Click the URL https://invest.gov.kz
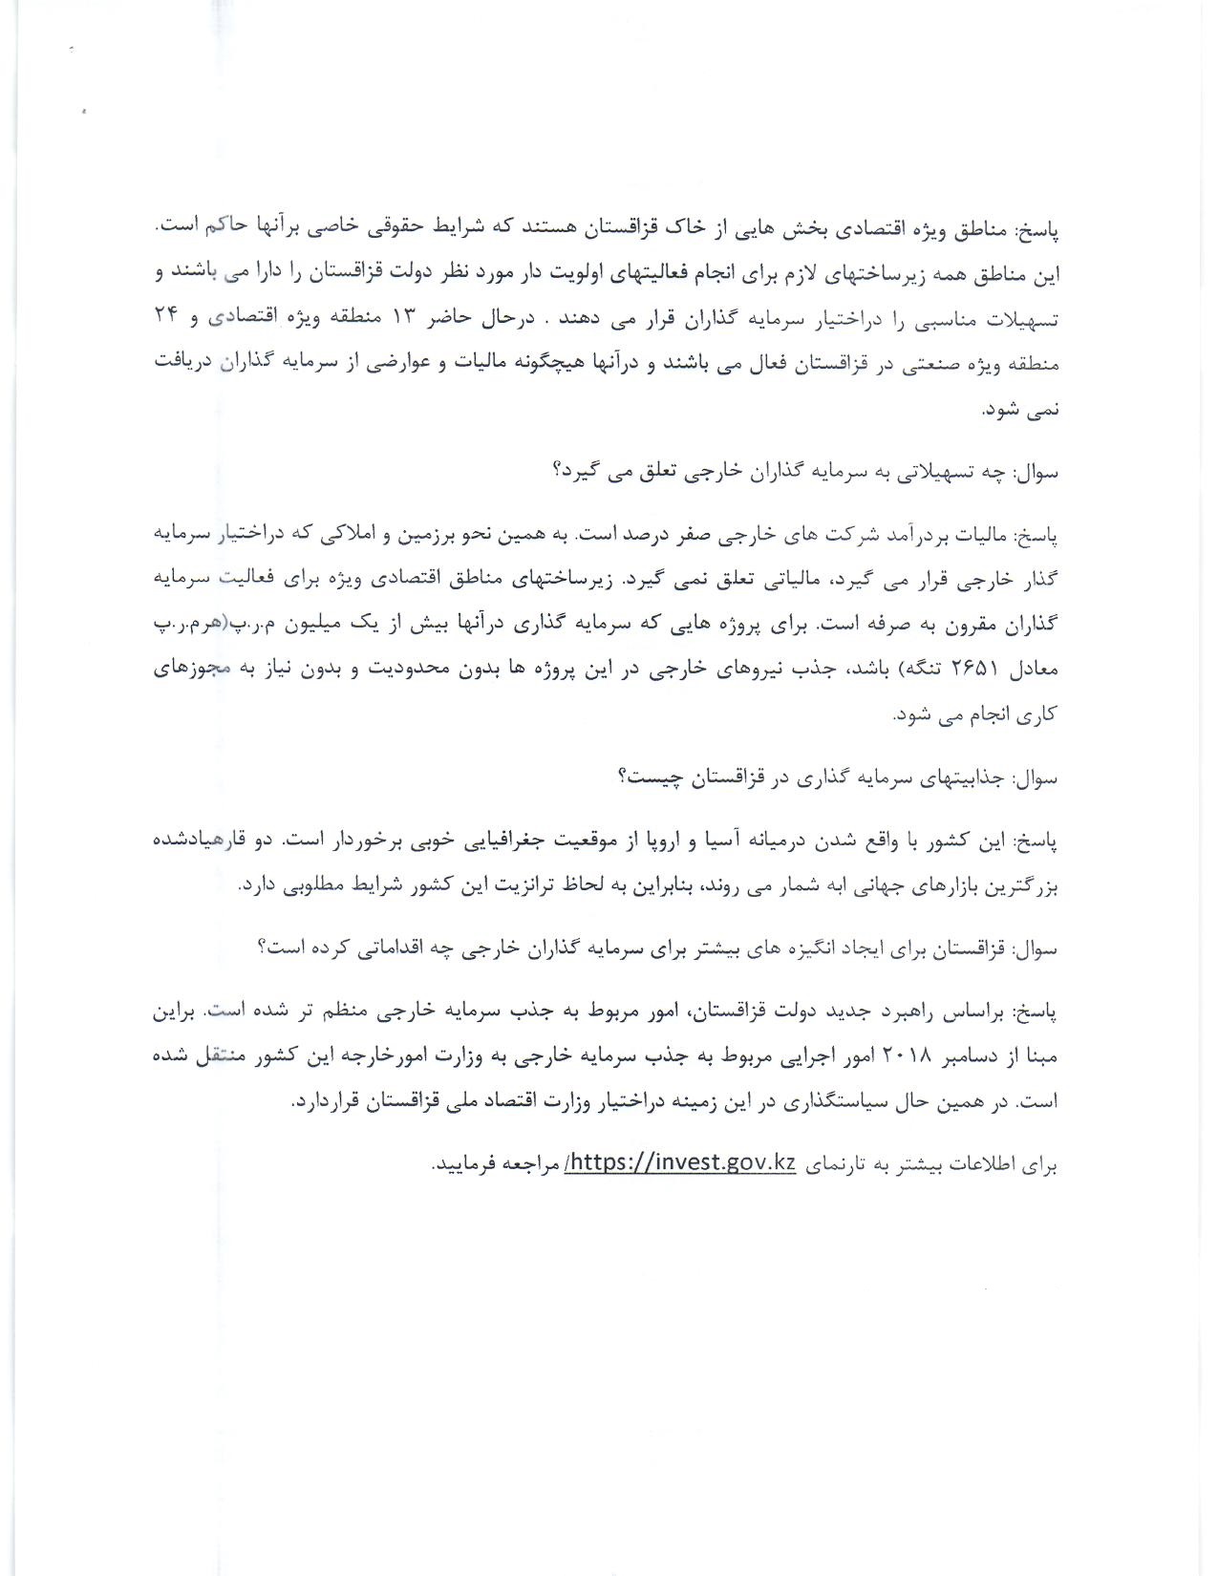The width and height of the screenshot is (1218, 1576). pyautogui.click(x=680, y=1166)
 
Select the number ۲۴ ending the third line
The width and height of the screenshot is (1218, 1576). pyautogui.click(x=168, y=319)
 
